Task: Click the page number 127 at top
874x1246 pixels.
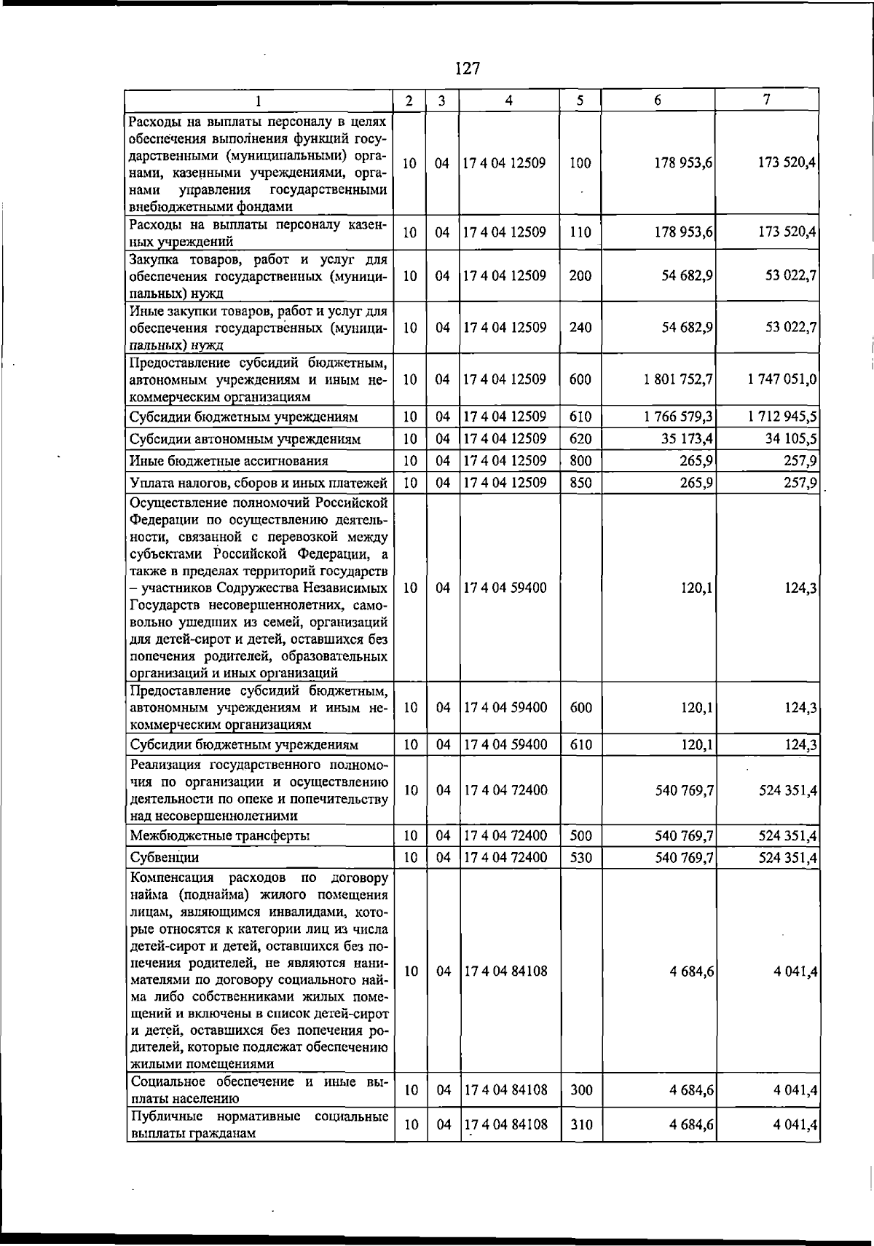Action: tap(467, 68)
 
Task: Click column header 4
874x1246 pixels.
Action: tap(509, 100)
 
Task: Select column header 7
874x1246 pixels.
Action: tap(767, 100)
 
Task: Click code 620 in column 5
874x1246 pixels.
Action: tap(580, 439)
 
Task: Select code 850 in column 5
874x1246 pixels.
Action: tap(580, 483)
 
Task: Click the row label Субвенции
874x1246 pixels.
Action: tap(165, 858)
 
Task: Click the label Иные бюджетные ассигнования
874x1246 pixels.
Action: tap(229, 461)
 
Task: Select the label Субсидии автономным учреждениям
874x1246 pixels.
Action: tap(245, 439)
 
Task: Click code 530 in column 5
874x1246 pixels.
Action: tap(580, 858)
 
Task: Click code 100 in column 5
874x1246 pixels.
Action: tap(580, 164)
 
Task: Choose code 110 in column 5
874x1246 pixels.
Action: tap(580, 233)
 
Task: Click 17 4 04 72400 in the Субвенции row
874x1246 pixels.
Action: tap(505, 858)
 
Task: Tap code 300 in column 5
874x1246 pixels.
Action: tap(580, 1090)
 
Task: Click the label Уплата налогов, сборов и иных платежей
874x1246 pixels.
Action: tap(258, 483)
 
